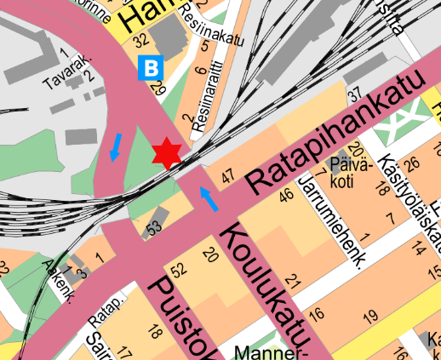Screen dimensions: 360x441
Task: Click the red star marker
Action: [167, 152]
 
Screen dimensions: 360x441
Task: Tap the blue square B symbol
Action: [152, 66]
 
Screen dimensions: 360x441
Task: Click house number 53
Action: [153, 228]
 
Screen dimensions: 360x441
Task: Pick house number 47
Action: [226, 177]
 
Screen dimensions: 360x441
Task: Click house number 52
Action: [179, 271]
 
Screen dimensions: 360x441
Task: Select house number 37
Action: [356, 93]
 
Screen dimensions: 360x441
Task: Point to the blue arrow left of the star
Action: [114, 146]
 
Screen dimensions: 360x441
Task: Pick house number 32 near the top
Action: [140, 40]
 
